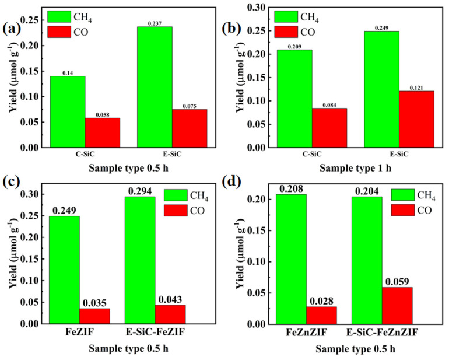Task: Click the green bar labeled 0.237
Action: pyautogui.click(x=155, y=87)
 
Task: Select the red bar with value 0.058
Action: pyautogui.click(x=103, y=133)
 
